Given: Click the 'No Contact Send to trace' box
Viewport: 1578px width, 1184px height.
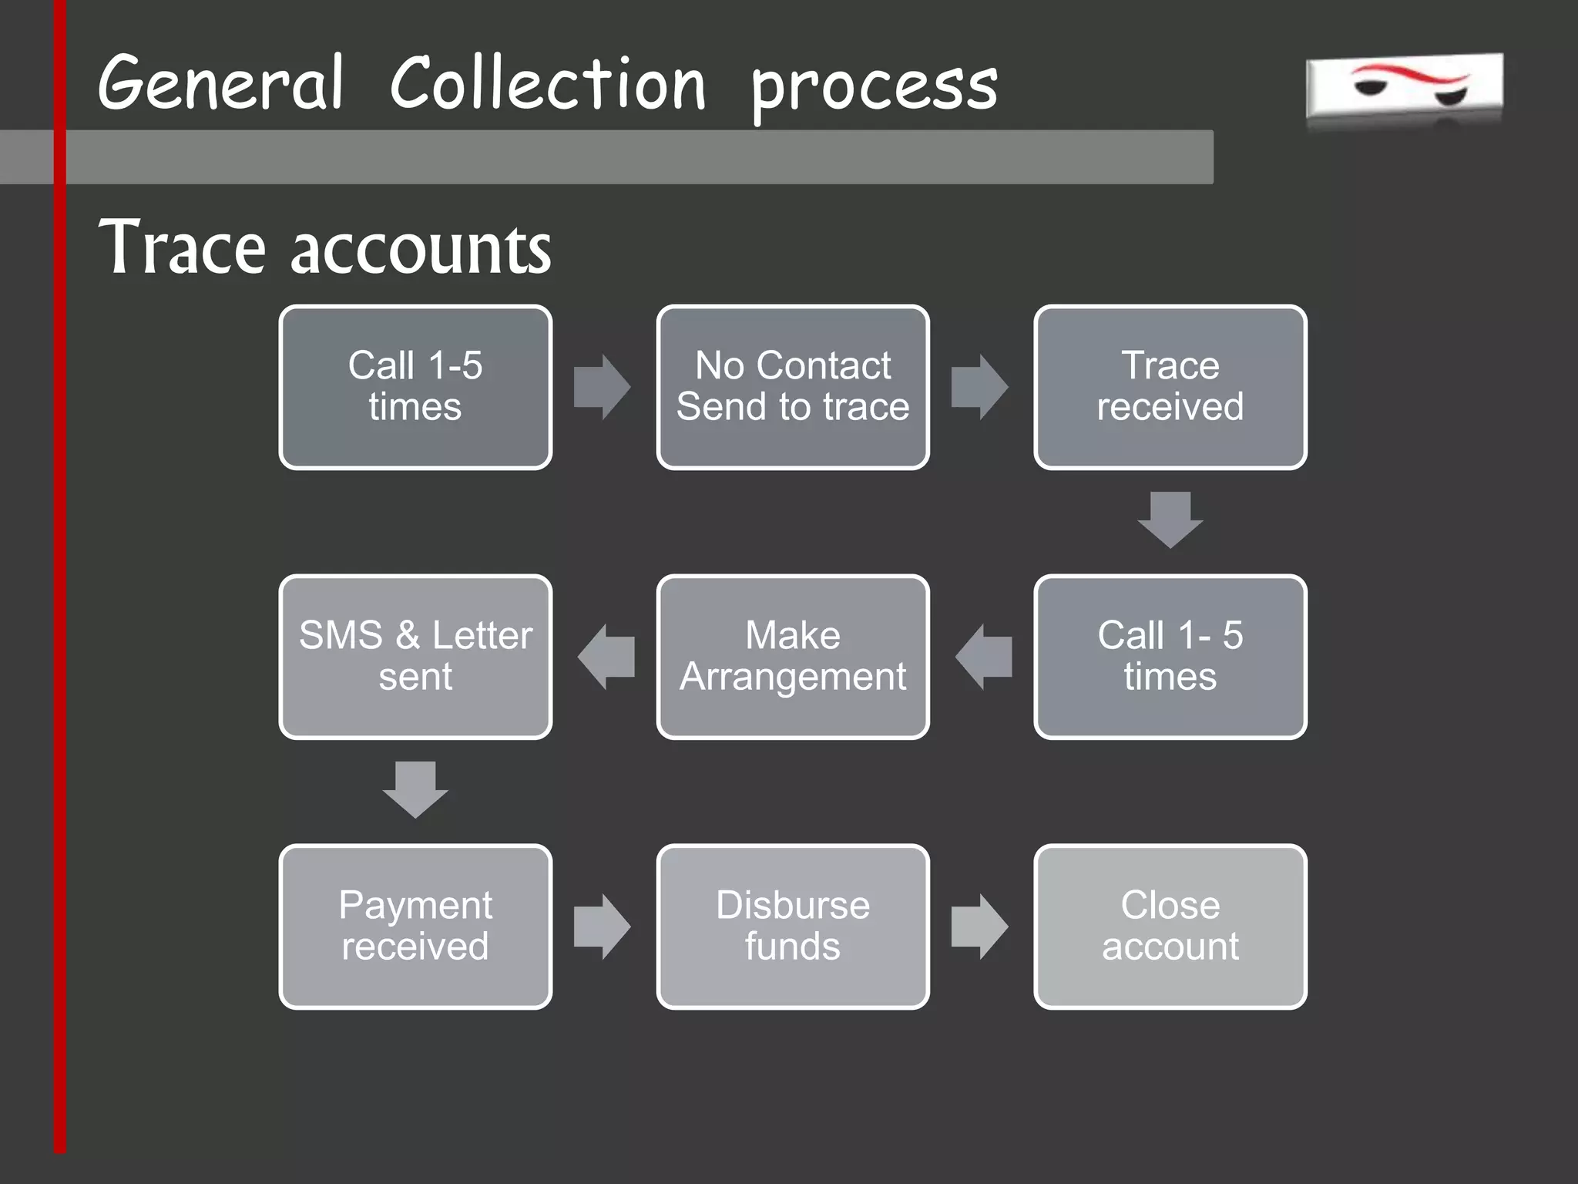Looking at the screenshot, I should [x=793, y=387].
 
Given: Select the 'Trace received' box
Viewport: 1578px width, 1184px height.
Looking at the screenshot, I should [x=1170, y=387].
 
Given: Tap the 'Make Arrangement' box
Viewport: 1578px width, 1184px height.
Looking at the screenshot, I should [x=793, y=657].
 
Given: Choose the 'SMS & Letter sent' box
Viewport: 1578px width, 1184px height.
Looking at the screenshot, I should [x=415, y=657].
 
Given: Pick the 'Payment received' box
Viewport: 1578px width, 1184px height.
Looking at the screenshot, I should [x=415, y=927].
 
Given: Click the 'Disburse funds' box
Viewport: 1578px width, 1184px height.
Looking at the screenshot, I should [x=793, y=927].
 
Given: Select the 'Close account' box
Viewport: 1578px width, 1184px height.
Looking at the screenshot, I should [x=1170, y=927].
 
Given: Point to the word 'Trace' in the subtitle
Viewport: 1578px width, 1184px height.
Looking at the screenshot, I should [x=183, y=247].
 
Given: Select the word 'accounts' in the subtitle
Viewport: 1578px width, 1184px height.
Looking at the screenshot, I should [x=421, y=251].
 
